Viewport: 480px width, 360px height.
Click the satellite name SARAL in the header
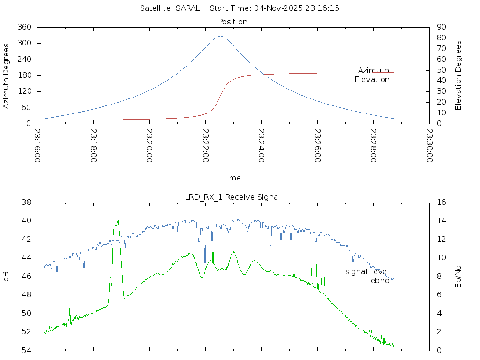pos(187,8)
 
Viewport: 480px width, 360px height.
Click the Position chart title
pos(233,22)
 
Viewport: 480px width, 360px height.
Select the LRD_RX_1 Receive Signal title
pos(232,197)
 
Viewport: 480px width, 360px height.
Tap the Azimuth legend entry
pos(374,70)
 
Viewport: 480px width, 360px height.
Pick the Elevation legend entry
pos(372,80)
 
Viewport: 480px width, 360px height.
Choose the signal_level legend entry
pos(367,271)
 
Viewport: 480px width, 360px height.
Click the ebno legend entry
pos(380,280)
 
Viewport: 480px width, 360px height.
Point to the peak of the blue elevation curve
pos(220,36)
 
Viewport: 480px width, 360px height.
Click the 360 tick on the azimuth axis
pos(24,27)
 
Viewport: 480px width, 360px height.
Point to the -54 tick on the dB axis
pos(25,350)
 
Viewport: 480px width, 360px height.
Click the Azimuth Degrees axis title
pos(6,75)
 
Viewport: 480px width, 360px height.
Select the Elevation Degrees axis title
pos(458,75)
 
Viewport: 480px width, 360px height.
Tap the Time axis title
pos(232,178)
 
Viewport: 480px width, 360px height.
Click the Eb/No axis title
pos(458,276)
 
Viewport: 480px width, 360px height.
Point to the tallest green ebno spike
pos(118,220)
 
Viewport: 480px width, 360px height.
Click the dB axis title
pos(6,276)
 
